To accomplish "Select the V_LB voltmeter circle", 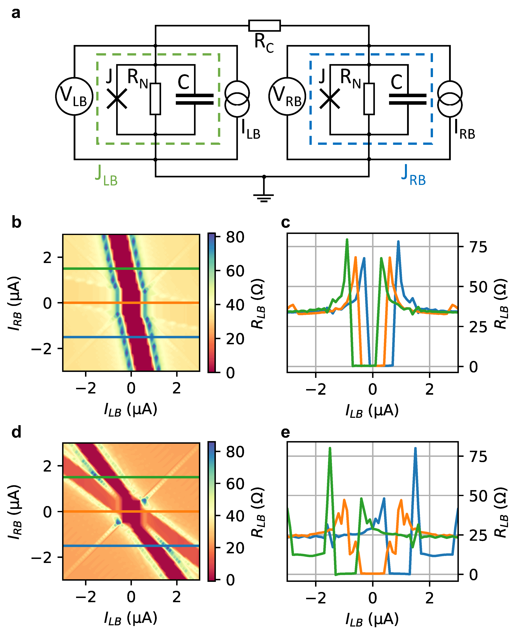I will (74, 96).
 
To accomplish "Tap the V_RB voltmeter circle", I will (287, 96).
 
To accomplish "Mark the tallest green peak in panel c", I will (347, 240).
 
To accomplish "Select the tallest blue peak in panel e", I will (415, 449).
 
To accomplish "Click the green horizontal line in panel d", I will (130, 477).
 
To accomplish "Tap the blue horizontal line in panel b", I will (130, 337).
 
